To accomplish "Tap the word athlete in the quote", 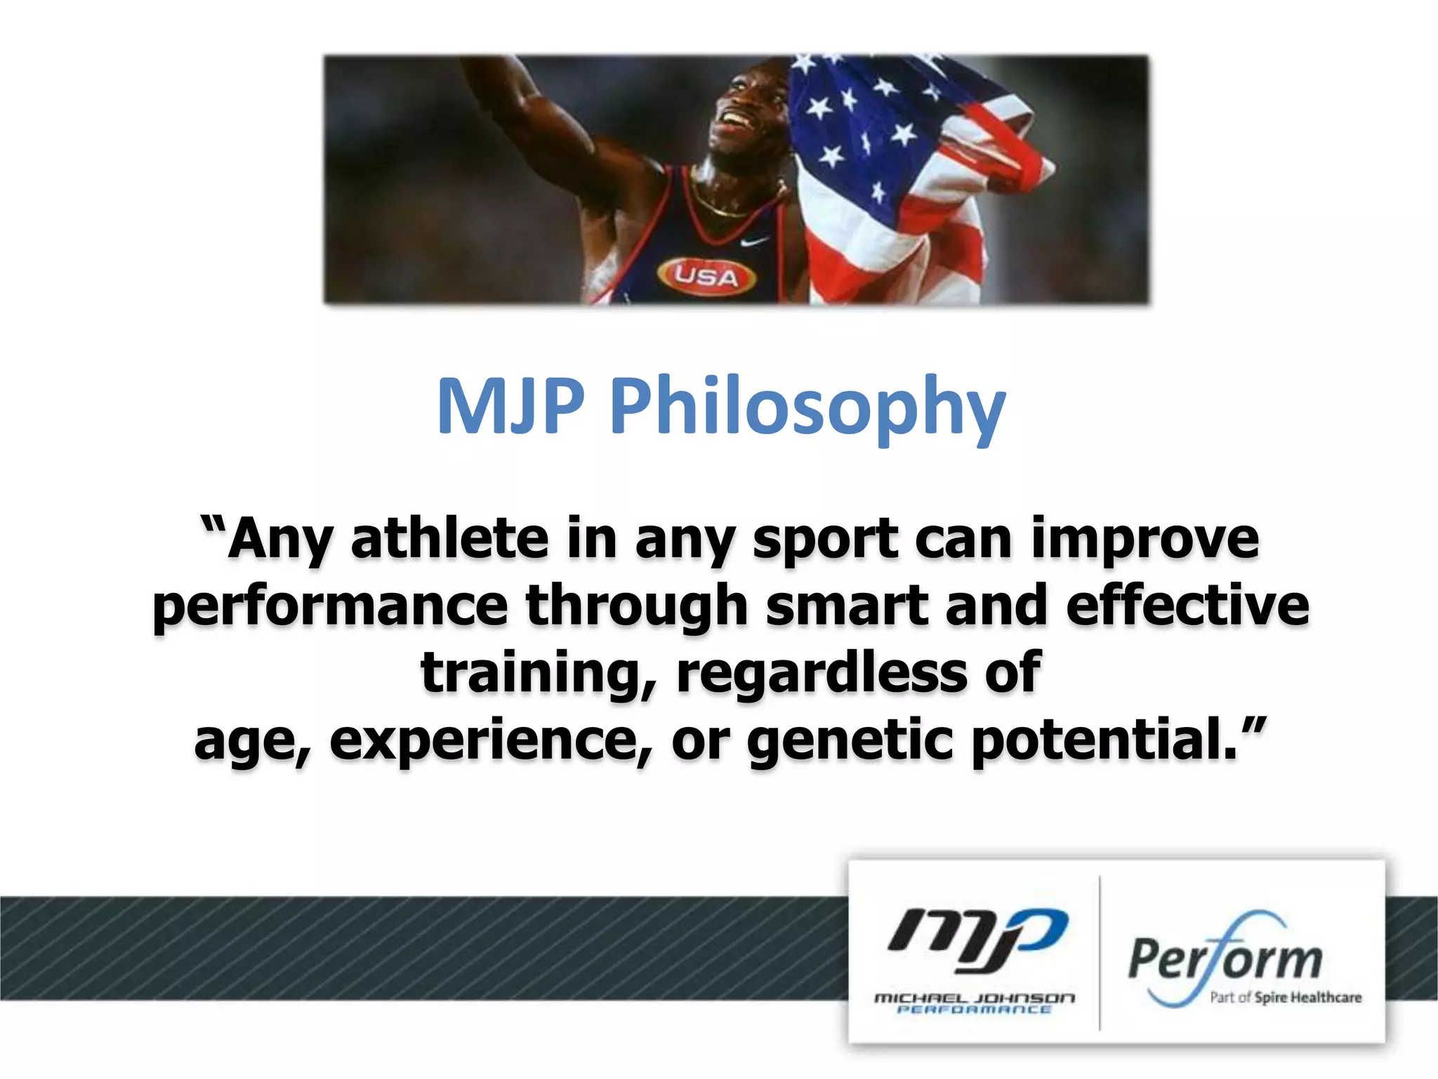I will tap(449, 539).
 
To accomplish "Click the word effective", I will tap(1187, 606).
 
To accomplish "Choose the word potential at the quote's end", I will tap(1102, 740).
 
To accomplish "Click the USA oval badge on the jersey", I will tap(707, 276).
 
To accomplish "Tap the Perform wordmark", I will tap(1225, 959).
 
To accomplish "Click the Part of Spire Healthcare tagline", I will tap(1285, 998).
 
